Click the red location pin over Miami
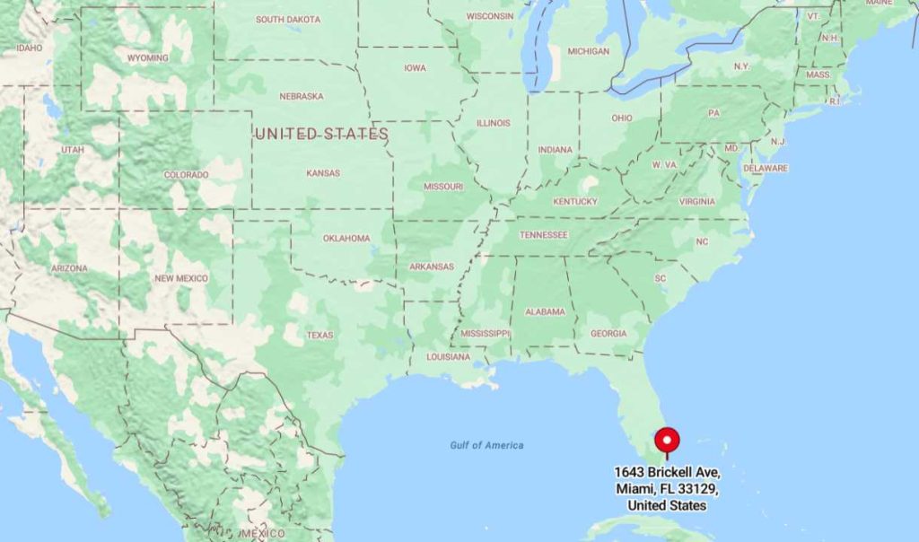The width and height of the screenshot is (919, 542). click(667, 441)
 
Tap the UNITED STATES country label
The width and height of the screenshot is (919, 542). click(321, 134)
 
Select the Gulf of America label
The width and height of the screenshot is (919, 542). click(486, 445)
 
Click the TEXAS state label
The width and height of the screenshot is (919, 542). click(319, 335)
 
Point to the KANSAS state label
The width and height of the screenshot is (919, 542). click(322, 173)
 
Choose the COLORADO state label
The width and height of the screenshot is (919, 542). click(186, 175)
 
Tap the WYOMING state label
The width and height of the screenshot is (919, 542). click(147, 58)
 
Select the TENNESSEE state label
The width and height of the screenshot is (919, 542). click(544, 235)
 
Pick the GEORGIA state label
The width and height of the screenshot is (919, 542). click(608, 334)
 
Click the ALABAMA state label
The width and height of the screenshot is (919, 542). click(545, 311)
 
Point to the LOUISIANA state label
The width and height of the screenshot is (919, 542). click(448, 356)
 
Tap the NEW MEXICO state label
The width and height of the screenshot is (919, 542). click(180, 278)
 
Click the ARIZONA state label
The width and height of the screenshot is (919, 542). click(69, 268)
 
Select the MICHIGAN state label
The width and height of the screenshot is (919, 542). click(588, 51)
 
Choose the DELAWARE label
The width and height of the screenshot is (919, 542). click(765, 168)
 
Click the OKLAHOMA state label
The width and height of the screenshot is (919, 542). click(346, 239)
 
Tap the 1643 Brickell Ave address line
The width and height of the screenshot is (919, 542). click(667, 472)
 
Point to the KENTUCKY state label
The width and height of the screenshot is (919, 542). click(575, 201)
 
